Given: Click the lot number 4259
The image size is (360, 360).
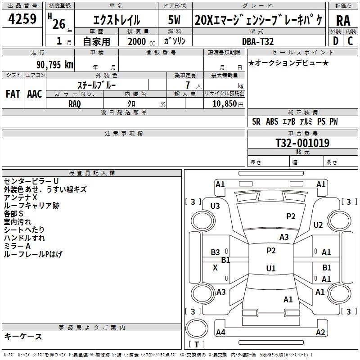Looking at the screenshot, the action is [x=22, y=19].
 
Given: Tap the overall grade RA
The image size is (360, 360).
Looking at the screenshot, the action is [x=343, y=21].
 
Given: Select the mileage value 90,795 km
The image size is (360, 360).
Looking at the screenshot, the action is [x=54, y=65].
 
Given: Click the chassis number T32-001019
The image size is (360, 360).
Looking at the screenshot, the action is [x=302, y=143].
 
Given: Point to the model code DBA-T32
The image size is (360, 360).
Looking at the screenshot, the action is [x=258, y=41].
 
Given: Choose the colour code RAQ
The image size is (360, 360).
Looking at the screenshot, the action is [x=75, y=104].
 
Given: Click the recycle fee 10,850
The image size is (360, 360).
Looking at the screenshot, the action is [x=225, y=104].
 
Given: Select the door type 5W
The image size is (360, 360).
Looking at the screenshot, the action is [x=174, y=20].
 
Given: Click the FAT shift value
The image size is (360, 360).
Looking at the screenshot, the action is [x=13, y=94].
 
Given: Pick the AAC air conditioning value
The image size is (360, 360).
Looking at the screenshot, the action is [x=35, y=94].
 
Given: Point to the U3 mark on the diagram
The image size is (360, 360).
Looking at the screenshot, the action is [x=215, y=206].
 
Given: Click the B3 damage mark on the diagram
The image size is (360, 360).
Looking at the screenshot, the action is [x=215, y=252].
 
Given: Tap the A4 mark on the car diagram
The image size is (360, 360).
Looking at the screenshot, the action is [x=220, y=332].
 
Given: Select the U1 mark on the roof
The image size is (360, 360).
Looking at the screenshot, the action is [x=271, y=268].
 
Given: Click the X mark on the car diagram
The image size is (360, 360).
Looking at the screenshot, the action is [x=215, y=268].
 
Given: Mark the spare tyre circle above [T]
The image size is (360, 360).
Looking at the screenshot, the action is [x=197, y=328].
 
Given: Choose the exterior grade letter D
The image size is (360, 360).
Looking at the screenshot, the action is [x=336, y=41].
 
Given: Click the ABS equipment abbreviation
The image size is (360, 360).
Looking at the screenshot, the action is [x=272, y=121].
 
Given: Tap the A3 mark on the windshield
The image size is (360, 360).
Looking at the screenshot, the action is [x=284, y=237].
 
